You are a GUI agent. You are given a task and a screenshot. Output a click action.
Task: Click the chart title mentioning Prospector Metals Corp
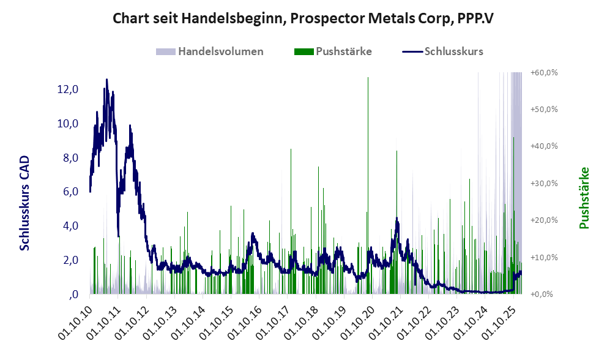point(303,18)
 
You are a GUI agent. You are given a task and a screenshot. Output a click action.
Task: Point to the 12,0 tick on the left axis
point(68,89)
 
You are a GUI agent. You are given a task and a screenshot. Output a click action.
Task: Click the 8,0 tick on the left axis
point(68,158)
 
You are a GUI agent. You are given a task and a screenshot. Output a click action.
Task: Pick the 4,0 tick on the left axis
point(68,226)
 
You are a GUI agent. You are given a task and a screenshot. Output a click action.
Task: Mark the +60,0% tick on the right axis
point(544,73)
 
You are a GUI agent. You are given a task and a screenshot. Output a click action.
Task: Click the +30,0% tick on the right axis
point(544,184)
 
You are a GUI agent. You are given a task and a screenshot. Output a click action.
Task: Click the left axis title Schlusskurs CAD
point(25,203)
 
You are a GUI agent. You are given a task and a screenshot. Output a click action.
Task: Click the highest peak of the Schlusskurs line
point(106,80)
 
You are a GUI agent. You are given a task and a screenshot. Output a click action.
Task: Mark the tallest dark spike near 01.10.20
point(368,78)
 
